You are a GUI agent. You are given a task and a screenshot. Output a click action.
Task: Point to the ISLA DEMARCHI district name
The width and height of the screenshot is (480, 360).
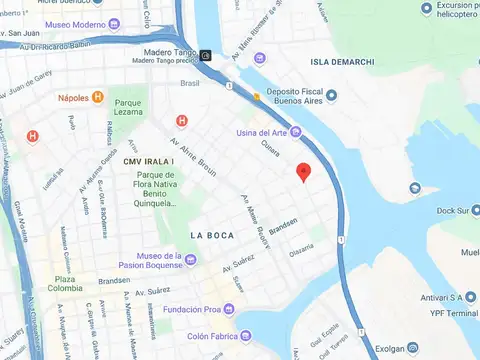[342, 62]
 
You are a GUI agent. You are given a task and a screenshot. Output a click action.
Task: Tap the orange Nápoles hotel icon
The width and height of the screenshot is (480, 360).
[98, 97]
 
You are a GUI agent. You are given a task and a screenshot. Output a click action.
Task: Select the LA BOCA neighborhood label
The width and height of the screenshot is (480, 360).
[212, 234]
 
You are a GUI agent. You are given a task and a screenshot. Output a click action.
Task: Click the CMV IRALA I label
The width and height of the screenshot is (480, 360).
[148, 161]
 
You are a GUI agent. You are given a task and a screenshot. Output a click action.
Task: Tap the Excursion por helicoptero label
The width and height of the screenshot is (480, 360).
[444, 11]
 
